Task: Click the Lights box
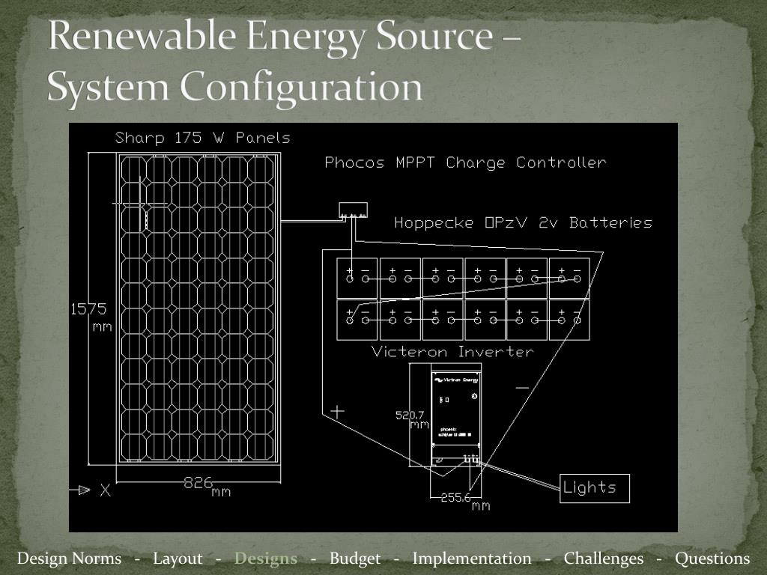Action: (595, 488)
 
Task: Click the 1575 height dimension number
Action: (89, 309)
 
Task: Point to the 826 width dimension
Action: (199, 483)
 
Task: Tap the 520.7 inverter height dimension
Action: (410, 415)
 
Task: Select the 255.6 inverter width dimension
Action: (455, 497)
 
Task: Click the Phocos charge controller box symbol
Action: (353, 210)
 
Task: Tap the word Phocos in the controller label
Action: (354, 162)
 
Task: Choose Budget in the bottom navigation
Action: (355, 559)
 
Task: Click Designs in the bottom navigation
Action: (266, 559)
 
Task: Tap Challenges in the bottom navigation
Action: (604, 559)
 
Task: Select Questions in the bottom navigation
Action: (712, 559)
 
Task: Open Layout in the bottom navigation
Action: (178, 559)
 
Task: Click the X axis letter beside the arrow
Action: (106, 490)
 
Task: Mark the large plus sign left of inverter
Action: (337, 410)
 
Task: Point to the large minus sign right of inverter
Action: (522, 388)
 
